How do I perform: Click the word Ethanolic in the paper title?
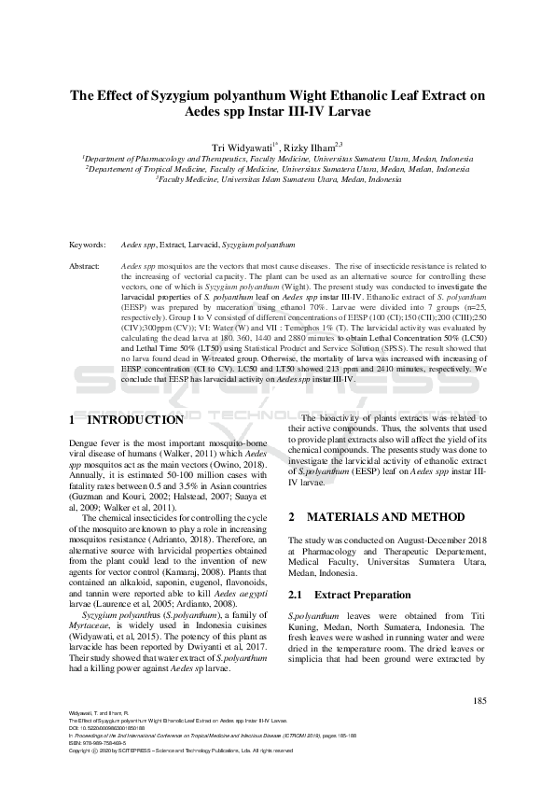pos(339,95)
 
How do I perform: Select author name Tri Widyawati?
pos(243,147)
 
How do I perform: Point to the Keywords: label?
pos(88,245)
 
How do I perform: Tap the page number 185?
pos(479,701)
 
